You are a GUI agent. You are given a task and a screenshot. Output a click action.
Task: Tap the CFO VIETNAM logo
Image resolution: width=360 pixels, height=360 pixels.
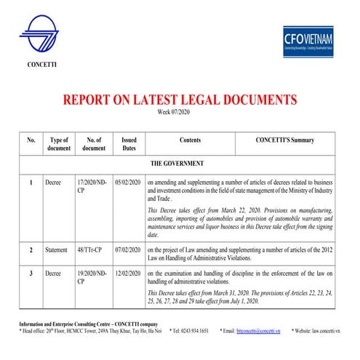(x=308, y=41)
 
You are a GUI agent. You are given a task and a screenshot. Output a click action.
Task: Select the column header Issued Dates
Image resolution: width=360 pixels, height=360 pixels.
(x=129, y=143)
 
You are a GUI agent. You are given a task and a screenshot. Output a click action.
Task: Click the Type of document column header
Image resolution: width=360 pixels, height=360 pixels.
(x=59, y=143)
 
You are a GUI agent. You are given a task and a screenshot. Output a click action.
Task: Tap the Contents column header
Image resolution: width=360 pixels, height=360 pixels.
(x=190, y=139)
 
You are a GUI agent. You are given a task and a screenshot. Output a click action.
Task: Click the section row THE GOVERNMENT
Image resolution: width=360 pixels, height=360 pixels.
(x=177, y=164)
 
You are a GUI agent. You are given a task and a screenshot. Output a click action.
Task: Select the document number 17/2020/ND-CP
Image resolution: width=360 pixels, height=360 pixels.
(x=91, y=186)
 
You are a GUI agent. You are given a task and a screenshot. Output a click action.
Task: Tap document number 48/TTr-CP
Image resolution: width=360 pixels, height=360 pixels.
(x=90, y=249)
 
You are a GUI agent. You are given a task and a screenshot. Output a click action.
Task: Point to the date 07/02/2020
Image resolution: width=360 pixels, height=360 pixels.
(x=128, y=249)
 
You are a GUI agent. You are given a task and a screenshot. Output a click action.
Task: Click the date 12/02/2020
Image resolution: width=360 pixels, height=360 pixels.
(x=128, y=273)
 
